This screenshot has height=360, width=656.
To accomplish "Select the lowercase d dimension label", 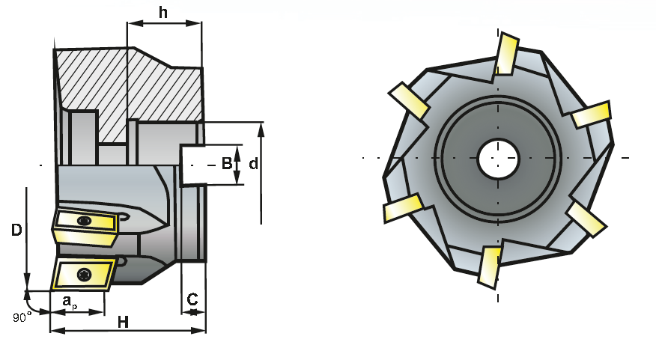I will click(253, 164).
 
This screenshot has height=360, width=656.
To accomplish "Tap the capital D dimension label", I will click(16, 231).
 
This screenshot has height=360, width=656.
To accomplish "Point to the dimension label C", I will click(192, 299).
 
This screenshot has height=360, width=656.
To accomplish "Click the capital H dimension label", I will click(124, 323).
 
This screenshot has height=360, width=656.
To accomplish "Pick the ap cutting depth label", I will click(69, 302).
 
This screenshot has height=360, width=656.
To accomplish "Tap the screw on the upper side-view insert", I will click(84, 221).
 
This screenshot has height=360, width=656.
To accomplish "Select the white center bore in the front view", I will click(499, 158).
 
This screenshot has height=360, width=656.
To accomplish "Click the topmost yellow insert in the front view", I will click(506, 54).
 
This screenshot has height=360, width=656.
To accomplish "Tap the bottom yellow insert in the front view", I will click(490, 266).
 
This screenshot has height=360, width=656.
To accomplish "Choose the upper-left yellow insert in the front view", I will click(407, 100).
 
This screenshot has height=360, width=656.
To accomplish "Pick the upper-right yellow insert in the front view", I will click(592, 115).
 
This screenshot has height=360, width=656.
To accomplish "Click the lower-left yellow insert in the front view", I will click(404, 208).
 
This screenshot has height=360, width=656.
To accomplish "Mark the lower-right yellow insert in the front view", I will click(586, 219).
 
